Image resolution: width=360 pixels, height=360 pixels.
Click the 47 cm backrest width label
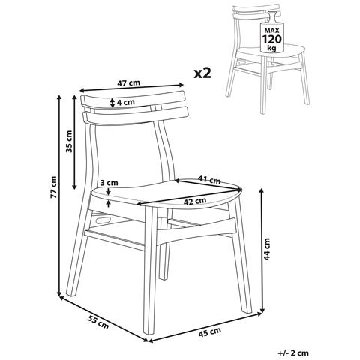[129, 82]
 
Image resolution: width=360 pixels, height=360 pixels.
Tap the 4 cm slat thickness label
[125, 102]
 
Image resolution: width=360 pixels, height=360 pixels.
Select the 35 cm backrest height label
[69, 141]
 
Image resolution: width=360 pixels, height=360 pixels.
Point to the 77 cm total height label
[54, 187]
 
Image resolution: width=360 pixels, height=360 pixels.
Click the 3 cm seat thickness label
[109, 183]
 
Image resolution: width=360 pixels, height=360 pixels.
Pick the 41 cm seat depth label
[209, 180]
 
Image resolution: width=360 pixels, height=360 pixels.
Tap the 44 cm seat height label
[267, 249]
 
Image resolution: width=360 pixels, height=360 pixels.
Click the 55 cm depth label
[98, 322]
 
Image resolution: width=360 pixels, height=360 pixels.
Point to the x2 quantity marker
[202, 73]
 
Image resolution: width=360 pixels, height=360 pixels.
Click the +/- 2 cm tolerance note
[293, 352]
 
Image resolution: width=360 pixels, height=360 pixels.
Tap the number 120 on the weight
[271, 39]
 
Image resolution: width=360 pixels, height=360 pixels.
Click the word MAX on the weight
[271, 31]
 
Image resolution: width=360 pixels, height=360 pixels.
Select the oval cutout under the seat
[102, 220]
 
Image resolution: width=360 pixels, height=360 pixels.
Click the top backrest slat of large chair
[133, 99]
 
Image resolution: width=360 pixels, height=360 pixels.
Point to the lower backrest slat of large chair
[135, 115]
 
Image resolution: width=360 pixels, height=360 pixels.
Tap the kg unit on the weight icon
[271, 48]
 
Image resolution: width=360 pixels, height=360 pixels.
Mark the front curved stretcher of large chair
[197, 232]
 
